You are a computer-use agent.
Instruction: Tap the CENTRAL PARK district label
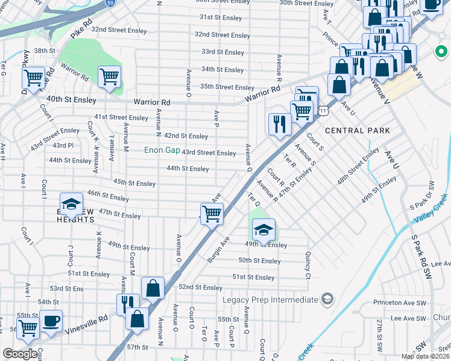[x=353, y=131]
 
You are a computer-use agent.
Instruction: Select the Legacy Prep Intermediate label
[x=270, y=300]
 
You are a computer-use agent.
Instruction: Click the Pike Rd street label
[x=80, y=29]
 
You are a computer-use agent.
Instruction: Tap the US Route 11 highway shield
[x=324, y=111]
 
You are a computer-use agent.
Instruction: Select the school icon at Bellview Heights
[x=71, y=204]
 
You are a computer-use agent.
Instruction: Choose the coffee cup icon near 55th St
[x=51, y=319]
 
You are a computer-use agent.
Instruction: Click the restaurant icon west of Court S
[x=279, y=124]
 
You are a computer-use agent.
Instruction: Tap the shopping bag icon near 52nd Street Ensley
[x=153, y=288]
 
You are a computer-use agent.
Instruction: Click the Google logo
[x=20, y=354]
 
